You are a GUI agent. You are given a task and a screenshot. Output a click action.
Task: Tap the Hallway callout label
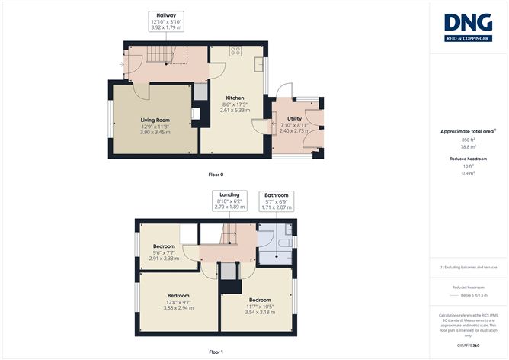165,16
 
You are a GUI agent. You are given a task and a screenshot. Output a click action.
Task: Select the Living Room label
155,121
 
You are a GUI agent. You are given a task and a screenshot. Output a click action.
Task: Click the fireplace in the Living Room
196,114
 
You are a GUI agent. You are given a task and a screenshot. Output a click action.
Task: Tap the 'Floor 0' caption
216,175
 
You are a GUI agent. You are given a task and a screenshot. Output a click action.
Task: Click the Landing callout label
229,195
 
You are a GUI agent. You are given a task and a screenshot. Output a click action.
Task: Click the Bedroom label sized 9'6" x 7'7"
164,246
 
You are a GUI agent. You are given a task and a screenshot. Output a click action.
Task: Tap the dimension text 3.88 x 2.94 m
179,309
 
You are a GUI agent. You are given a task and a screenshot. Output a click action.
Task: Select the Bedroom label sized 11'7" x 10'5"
259,301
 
